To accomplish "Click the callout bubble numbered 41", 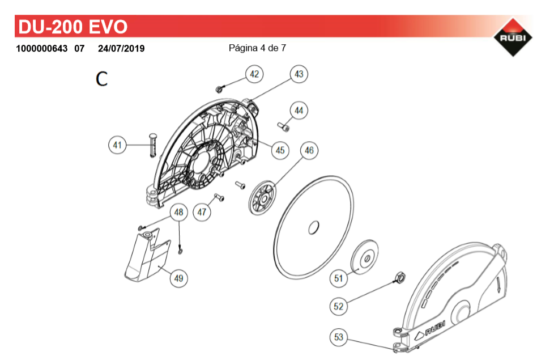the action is (x=117, y=145).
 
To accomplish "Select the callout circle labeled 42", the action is (x=254, y=74).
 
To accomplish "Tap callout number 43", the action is (x=299, y=74).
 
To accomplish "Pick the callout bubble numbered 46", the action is (x=309, y=150).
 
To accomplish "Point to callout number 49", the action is (x=179, y=278).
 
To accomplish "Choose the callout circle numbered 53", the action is (x=339, y=337).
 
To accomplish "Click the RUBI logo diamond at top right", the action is (x=513, y=37).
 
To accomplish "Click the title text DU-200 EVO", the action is (x=73, y=27).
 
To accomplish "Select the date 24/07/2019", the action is (x=121, y=48).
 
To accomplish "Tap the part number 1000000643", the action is (x=42, y=48).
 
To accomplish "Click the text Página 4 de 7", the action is (x=257, y=48).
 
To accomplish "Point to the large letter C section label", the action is (x=102, y=78).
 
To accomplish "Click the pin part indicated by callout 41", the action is (x=153, y=145).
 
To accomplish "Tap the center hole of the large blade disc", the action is (x=314, y=227).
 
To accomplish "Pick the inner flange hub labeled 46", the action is (x=262, y=198).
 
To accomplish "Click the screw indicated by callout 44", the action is (x=284, y=126).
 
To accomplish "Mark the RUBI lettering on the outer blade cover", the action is (x=435, y=328).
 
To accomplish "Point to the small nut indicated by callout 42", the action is (x=219, y=89).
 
